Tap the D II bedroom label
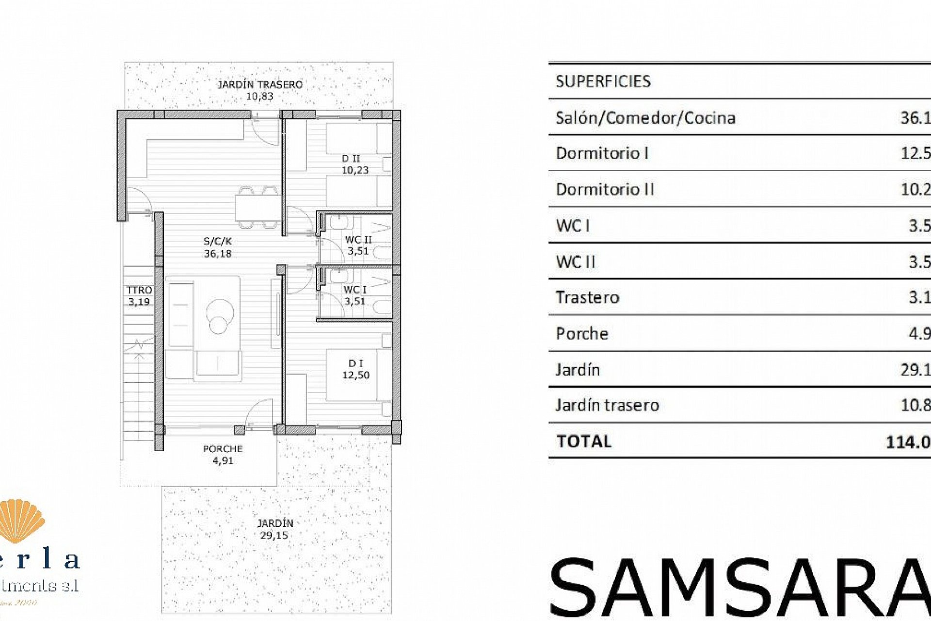coord(354,164)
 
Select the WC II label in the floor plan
coord(358,245)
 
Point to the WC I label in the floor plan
coord(355,295)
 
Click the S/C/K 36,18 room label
coord(218,247)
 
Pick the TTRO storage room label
coord(139,295)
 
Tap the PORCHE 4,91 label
coord(223,455)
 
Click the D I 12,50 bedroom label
coord(356,369)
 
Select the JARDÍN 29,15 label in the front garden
coord(274,529)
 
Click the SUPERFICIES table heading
coord(603,81)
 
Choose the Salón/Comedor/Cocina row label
coord(645,117)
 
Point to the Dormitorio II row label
coord(605,189)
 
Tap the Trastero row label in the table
coord(587,297)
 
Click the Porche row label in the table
coord(582,333)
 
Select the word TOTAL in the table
coord(584,441)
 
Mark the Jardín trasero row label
coord(607,405)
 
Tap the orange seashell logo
coord(22,522)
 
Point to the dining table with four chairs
coord(257,207)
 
